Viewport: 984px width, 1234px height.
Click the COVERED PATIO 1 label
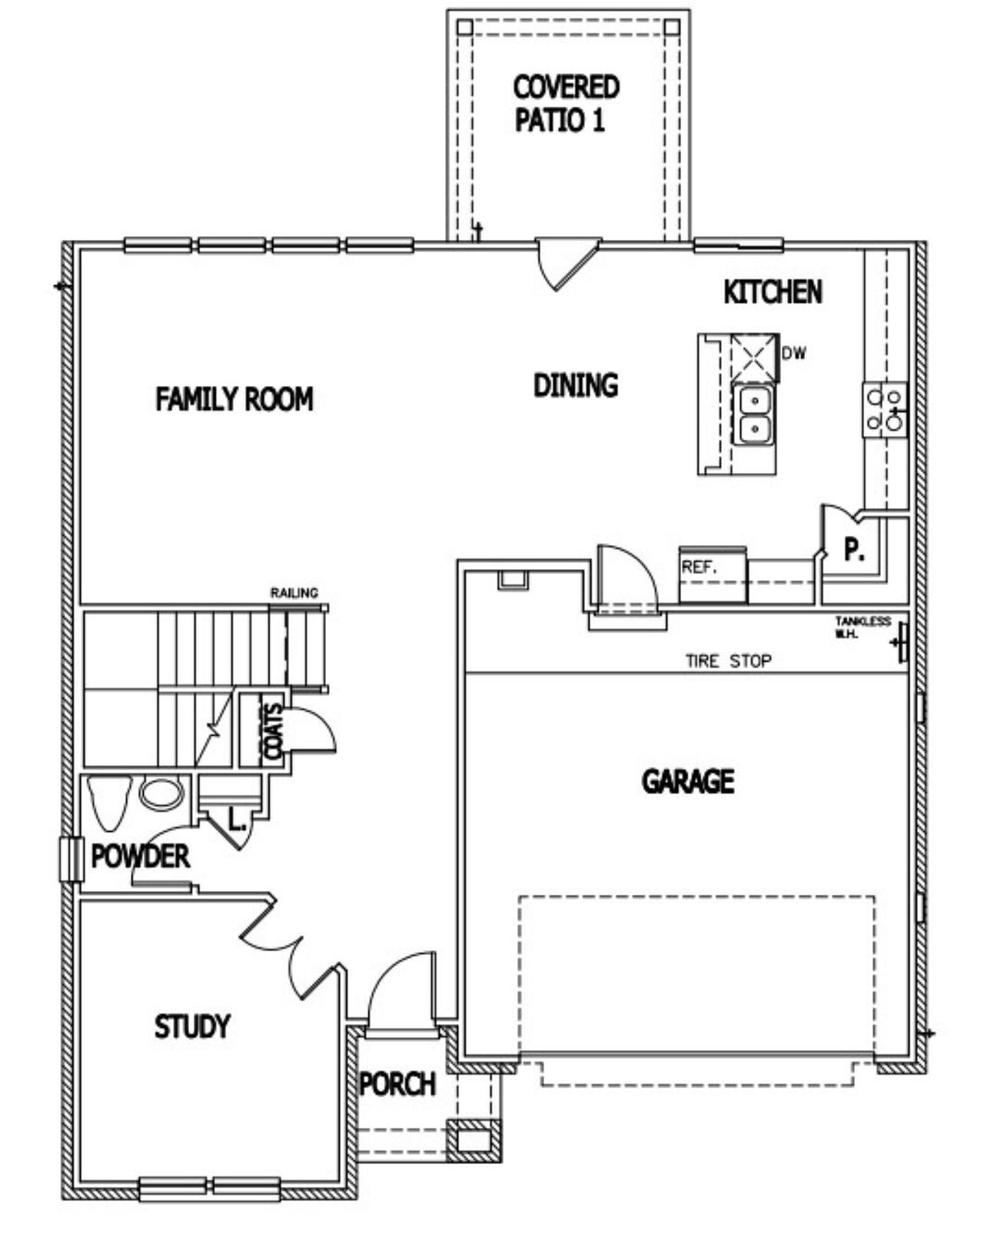point(566,104)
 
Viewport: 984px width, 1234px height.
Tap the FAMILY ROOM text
point(234,400)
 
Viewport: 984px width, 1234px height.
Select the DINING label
point(576,385)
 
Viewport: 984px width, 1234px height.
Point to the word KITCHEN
point(773,292)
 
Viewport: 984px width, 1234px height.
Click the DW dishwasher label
point(794,354)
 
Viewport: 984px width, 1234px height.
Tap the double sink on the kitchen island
point(754,415)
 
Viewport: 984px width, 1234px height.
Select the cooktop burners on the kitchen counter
point(884,410)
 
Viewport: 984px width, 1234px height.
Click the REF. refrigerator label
point(699,568)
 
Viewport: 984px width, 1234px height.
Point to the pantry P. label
point(854,550)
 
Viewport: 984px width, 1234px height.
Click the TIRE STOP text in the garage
point(728,660)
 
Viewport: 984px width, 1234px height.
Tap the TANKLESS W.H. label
point(863,627)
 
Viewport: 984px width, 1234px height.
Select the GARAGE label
point(687,782)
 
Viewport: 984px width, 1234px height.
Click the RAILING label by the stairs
point(294,593)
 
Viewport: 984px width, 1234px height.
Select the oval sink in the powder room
point(161,794)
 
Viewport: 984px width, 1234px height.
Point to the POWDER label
point(140,856)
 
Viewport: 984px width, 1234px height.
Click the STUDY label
point(191,1027)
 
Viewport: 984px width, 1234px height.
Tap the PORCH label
point(397,1085)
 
